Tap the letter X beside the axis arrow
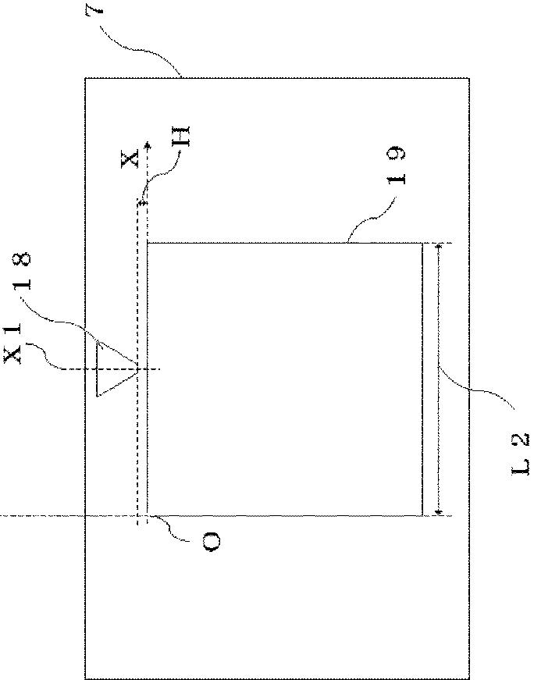(x=130, y=158)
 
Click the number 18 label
(x=22, y=271)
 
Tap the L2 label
(x=519, y=453)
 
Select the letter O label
(x=212, y=542)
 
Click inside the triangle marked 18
(x=112, y=368)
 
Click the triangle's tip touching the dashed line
(x=137, y=369)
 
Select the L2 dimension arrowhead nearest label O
(x=439, y=512)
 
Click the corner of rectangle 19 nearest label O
(x=148, y=515)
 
